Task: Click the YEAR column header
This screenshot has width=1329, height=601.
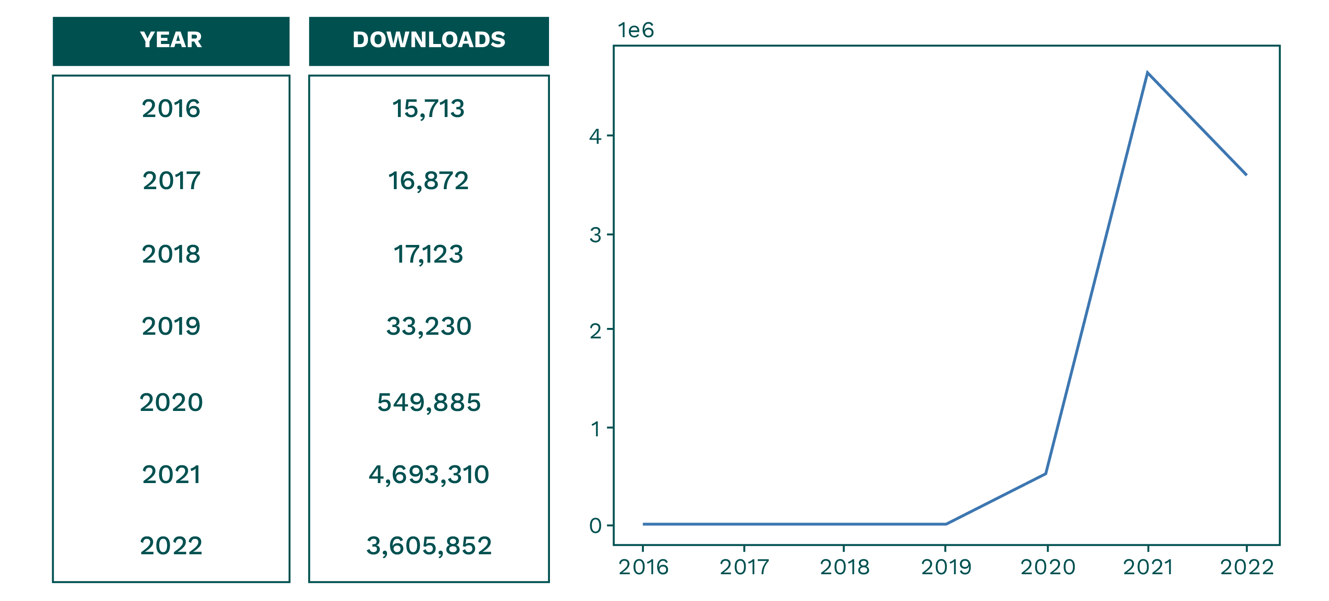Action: click(171, 41)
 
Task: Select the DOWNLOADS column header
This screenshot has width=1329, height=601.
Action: click(429, 41)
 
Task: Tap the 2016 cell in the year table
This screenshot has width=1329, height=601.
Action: click(171, 109)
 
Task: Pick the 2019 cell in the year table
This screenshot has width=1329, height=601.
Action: click(171, 327)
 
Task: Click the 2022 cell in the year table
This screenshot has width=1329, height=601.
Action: click(171, 546)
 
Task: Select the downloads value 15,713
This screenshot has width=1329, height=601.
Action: click(428, 109)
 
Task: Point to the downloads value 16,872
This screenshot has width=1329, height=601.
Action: click(428, 181)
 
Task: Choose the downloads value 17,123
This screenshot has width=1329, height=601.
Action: click(428, 254)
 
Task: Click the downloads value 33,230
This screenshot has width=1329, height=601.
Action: click(429, 327)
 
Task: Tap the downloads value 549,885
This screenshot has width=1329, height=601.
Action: click(429, 402)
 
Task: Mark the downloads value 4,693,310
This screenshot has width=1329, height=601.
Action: click(429, 474)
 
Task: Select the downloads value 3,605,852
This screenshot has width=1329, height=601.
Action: click(429, 546)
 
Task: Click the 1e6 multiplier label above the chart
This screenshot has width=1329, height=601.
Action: click(636, 30)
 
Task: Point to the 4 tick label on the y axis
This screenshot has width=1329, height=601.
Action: click(595, 137)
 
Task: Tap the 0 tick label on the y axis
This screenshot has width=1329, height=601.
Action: click(595, 526)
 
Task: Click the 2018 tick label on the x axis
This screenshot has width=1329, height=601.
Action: click(844, 567)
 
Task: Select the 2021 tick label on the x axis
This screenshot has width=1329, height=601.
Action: click(1148, 567)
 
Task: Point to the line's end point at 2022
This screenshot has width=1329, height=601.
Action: click(1246, 175)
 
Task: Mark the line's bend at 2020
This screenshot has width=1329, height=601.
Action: click(1046, 473)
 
